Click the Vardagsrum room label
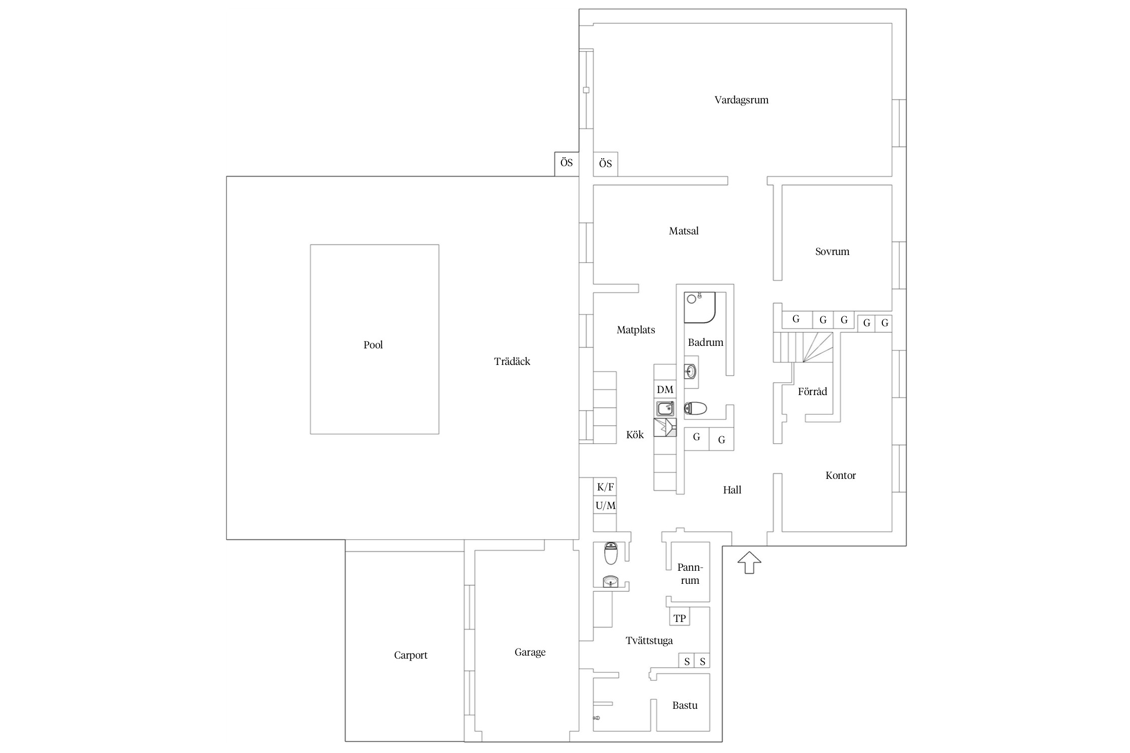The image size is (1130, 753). (741, 100)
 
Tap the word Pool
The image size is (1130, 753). (373, 345)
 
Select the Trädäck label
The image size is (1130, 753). (512, 361)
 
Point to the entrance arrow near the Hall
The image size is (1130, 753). (749, 562)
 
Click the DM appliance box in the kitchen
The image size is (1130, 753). (665, 390)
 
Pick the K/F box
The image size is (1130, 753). (605, 486)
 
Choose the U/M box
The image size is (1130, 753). (605, 506)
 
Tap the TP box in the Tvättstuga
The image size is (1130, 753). (680, 618)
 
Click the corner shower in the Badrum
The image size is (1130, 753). (700, 307)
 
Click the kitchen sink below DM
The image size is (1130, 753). (665, 408)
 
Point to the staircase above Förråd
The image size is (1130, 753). (803, 347)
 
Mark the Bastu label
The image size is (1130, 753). (685, 705)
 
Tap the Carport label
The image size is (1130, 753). (410, 655)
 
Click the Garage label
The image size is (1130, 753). (530, 652)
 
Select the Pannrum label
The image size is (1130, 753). (690, 574)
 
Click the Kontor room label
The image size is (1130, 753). (840, 475)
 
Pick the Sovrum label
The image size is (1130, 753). (832, 252)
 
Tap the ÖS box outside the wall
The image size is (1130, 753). (567, 164)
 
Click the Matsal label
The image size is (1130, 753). (684, 231)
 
